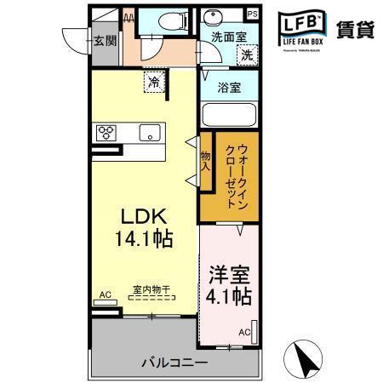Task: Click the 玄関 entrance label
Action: click(105, 39)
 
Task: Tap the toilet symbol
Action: click(162, 20)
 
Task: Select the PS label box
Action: click(251, 14)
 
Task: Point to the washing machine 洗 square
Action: click(245, 55)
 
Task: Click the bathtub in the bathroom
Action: click(227, 115)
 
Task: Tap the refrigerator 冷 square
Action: click(154, 83)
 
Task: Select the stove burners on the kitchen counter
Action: click(107, 132)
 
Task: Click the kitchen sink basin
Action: click(151, 132)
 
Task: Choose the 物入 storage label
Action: click(206, 163)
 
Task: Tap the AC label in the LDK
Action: click(106, 294)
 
